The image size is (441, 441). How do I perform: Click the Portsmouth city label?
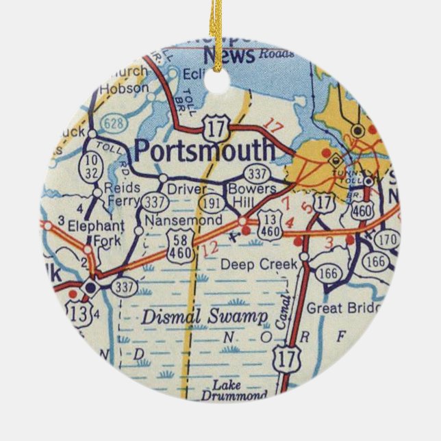point(205,149)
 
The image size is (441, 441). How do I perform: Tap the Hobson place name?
point(123,88)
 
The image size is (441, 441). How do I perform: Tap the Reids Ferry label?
point(123,194)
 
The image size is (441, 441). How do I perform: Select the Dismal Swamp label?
point(204,316)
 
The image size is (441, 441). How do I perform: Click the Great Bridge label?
point(342,308)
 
